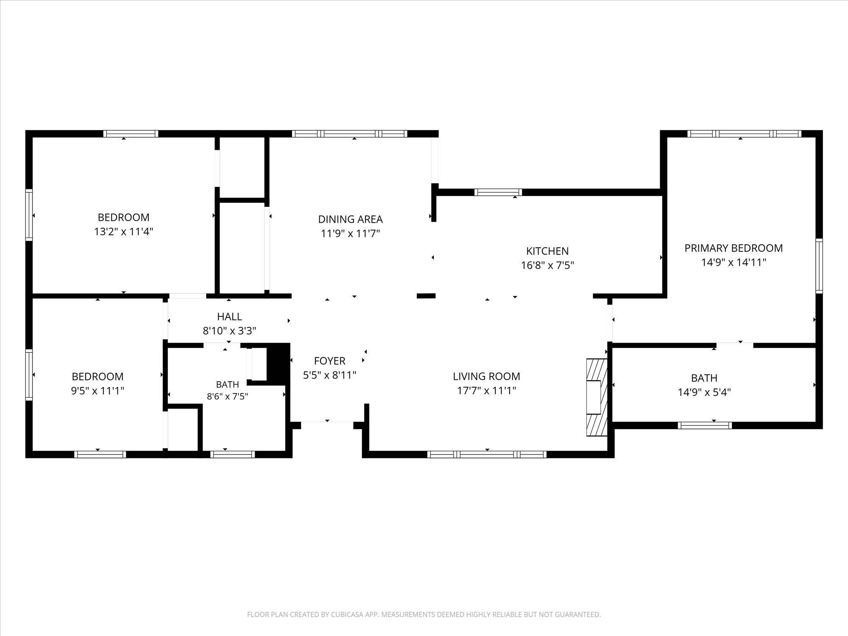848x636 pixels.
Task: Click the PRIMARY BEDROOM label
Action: (x=734, y=248)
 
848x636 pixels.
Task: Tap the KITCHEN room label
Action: (x=547, y=251)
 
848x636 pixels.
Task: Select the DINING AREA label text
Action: (x=350, y=219)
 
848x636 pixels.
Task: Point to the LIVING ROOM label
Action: (x=486, y=376)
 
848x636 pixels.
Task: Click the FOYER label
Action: (x=329, y=361)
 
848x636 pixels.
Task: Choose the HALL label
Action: (x=229, y=317)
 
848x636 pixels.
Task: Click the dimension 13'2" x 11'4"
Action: (x=123, y=232)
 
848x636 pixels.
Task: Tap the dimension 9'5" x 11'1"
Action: (x=98, y=391)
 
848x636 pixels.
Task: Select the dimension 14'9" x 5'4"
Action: (x=704, y=392)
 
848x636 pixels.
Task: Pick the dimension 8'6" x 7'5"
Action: (x=227, y=396)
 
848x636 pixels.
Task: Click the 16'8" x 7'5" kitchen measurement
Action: (x=547, y=265)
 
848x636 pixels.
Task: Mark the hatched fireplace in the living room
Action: (x=597, y=397)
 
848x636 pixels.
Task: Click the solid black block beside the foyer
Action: (x=278, y=364)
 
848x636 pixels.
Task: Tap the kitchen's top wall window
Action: (x=498, y=192)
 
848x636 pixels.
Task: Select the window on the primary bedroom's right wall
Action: (x=819, y=266)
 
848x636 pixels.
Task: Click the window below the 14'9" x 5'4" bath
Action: (x=705, y=425)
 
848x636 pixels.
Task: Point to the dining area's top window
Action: (x=350, y=134)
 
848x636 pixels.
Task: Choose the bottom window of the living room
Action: (x=487, y=455)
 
